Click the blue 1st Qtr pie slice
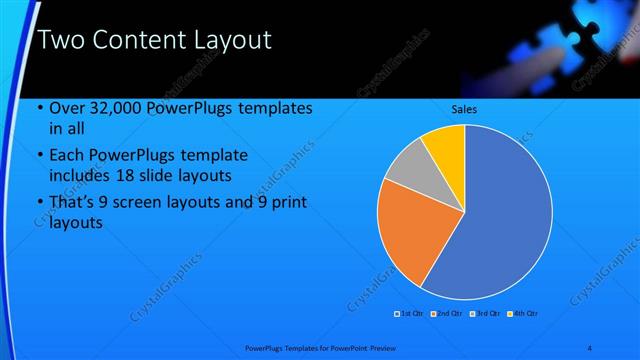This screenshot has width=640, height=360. click(505, 215)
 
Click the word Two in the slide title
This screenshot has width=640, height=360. click(57, 41)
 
